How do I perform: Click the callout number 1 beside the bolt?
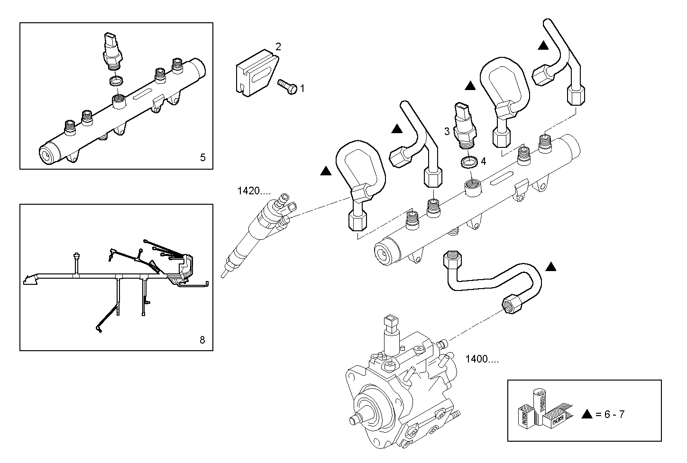(302, 88)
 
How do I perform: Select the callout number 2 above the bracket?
(278, 46)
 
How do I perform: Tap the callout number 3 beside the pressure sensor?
(447, 131)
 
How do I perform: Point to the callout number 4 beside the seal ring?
(483, 161)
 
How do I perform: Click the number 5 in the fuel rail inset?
(202, 157)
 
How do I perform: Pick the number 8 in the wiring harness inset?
(202, 339)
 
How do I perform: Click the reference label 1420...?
(254, 191)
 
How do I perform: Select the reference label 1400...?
(482, 359)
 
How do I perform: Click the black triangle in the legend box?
(587, 414)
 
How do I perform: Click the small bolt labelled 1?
(287, 86)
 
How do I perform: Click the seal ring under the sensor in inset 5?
(115, 82)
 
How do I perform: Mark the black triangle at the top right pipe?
(543, 46)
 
